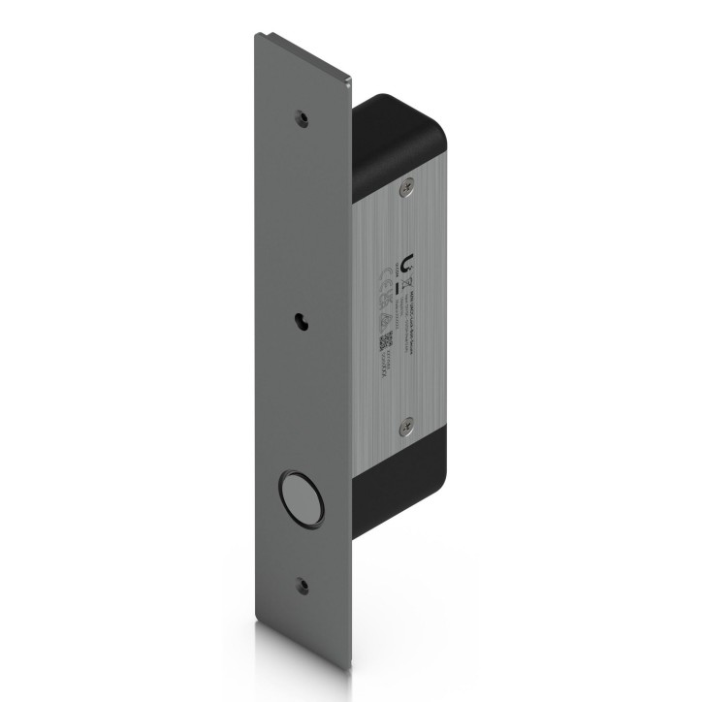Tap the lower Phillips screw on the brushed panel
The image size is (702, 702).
[x=408, y=424]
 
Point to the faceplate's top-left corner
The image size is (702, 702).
[x=256, y=35]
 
